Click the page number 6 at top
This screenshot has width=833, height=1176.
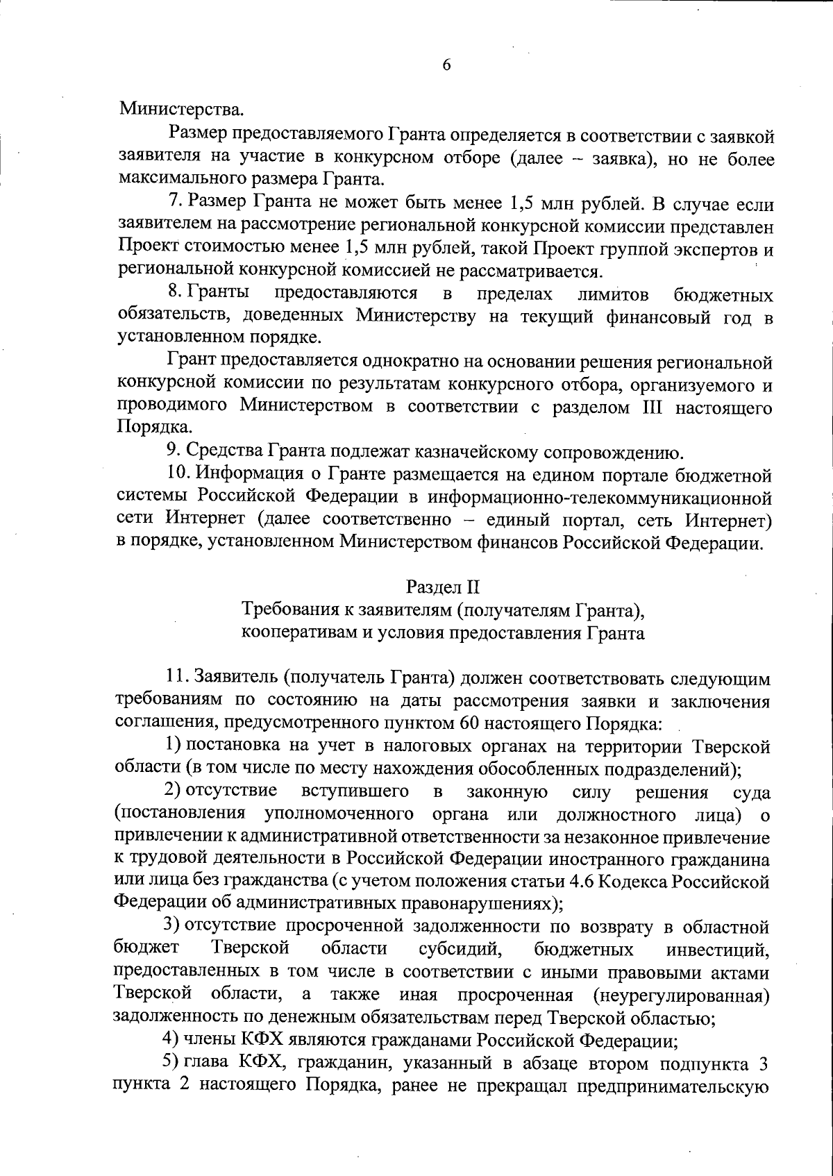click(x=446, y=65)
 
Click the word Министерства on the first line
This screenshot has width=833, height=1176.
click(x=182, y=109)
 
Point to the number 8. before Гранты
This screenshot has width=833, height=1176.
click(x=175, y=294)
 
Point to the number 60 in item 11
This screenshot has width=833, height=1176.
click(x=468, y=723)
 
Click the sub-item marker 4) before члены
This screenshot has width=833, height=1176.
click(x=173, y=1040)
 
